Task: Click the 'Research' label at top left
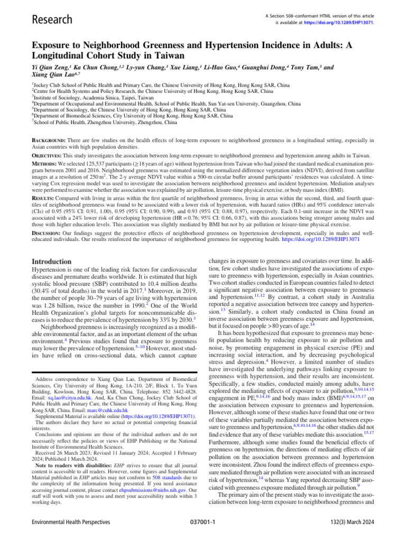(x=52, y=20)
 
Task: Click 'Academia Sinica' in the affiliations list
(x=94, y=97)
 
